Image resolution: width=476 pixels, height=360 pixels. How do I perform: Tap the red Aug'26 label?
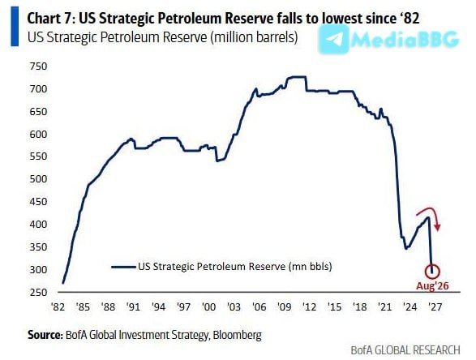[432, 285]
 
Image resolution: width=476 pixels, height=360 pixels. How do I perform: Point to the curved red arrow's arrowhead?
[437, 227]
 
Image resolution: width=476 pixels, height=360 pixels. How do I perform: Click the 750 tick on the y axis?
[39, 66]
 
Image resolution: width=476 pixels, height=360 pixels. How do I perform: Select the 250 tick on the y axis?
[39, 292]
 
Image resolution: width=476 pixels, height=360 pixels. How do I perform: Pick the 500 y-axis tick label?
[39, 179]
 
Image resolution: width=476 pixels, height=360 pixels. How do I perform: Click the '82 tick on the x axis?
[58, 306]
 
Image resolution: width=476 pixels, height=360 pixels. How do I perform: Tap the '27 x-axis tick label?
[435, 306]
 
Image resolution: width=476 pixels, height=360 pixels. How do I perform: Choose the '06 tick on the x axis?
[259, 306]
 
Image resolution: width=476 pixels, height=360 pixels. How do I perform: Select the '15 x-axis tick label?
[334, 306]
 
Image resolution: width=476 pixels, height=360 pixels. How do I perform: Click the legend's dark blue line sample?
[123, 267]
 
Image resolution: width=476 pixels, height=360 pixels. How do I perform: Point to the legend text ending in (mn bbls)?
[235, 267]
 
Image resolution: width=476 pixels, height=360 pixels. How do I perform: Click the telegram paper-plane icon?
[334, 40]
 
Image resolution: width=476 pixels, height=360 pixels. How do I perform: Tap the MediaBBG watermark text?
[405, 40]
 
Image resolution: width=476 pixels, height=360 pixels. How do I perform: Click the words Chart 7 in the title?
[49, 19]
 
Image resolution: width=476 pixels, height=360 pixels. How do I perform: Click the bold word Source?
[45, 335]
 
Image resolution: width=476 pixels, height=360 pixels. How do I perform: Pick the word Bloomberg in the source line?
[237, 335]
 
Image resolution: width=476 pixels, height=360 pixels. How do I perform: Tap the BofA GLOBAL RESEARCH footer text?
[405, 350]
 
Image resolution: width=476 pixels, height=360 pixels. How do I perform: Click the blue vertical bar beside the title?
[15, 27]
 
